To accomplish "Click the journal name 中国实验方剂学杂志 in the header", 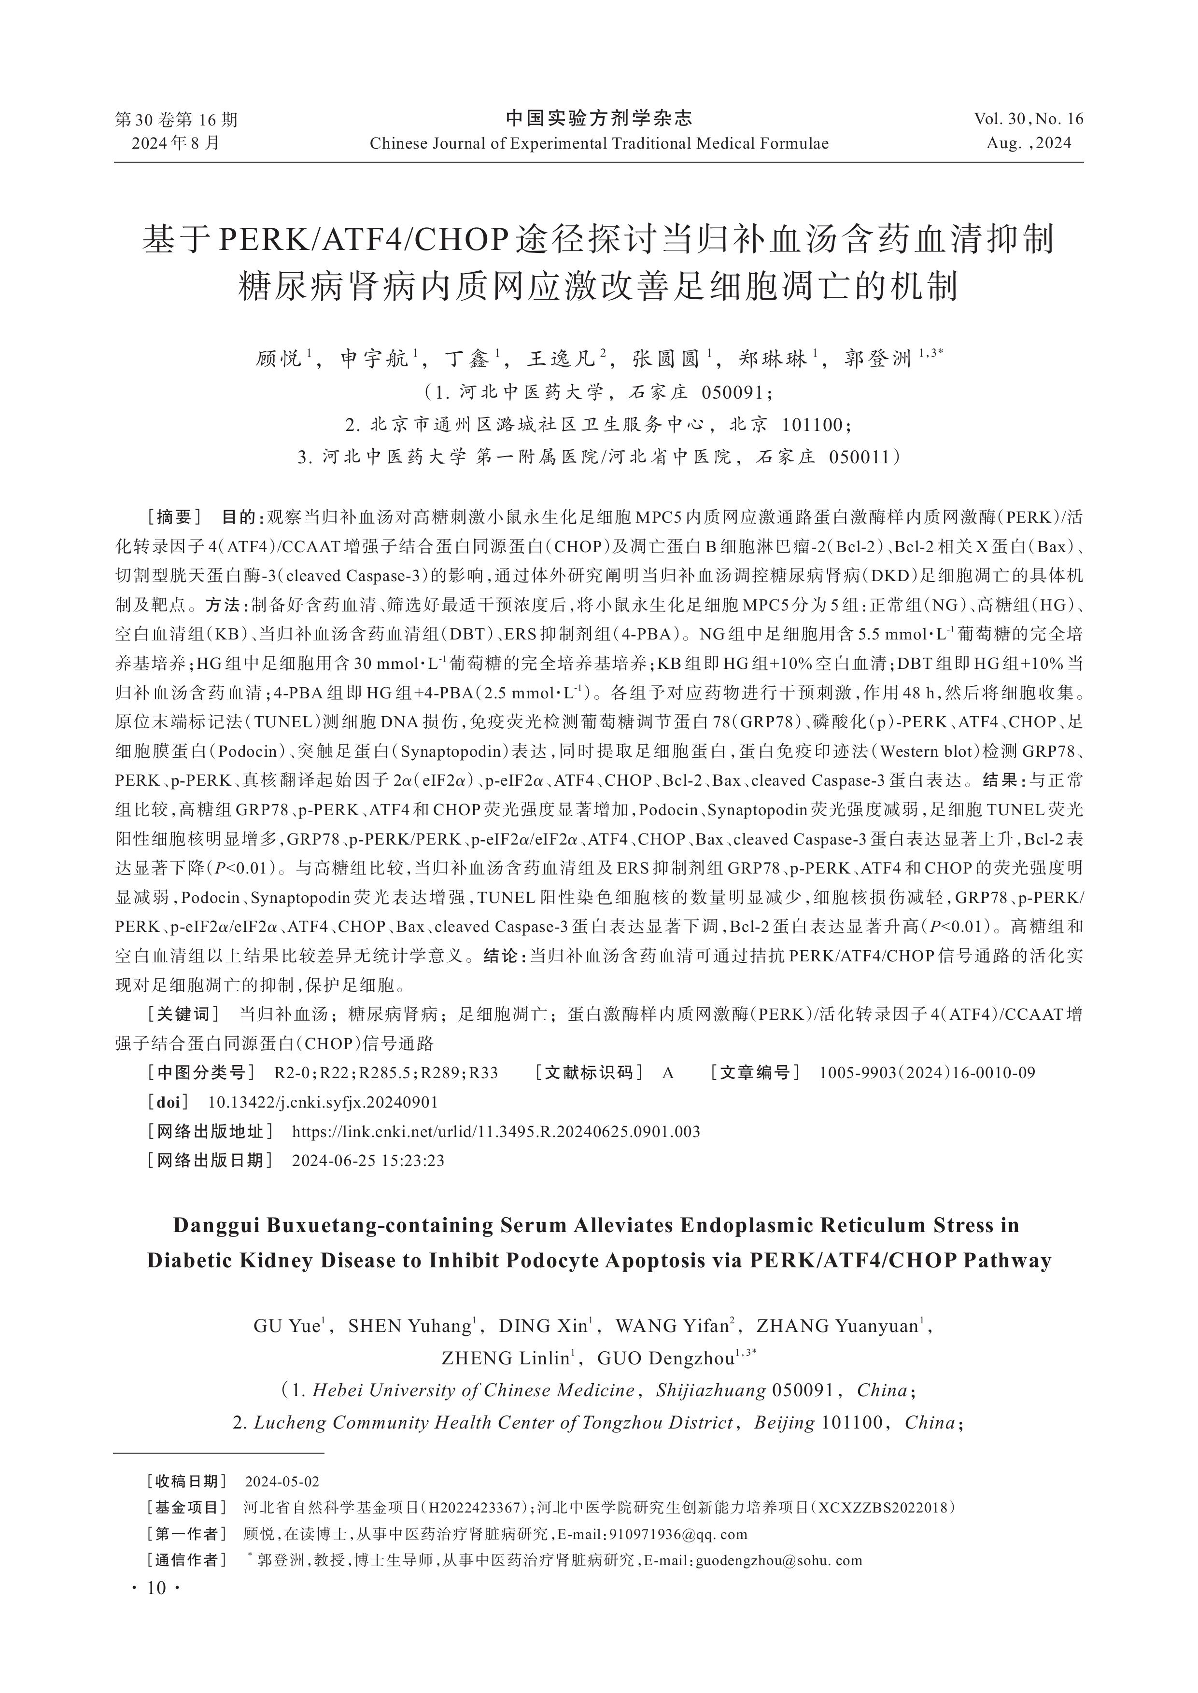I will click(598, 118).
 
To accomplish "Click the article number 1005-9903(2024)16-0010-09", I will click(927, 1073).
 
